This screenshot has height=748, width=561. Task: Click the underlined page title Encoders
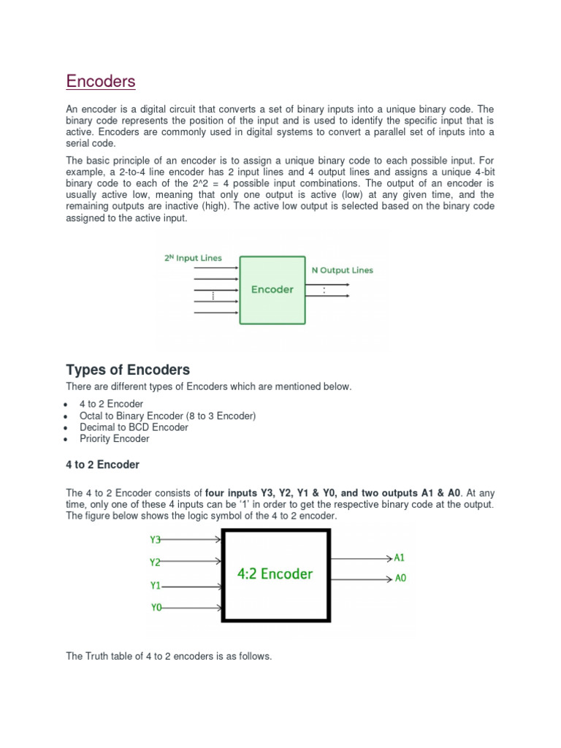pyautogui.click(x=101, y=81)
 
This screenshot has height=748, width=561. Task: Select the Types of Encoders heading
pyautogui.click(x=128, y=370)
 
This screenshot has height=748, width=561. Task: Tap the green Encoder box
pyautogui.click(x=272, y=289)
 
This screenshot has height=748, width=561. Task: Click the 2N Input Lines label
pyautogui.click(x=192, y=258)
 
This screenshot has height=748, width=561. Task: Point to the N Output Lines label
pyautogui.click(x=342, y=270)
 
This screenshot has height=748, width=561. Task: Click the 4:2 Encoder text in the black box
pyautogui.click(x=275, y=573)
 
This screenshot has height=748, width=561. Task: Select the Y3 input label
pyautogui.click(x=156, y=540)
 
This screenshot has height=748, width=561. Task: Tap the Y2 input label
pyautogui.click(x=156, y=562)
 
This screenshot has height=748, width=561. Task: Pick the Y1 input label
pyautogui.click(x=156, y=585)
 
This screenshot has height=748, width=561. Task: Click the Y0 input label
pyautogui.click(x=156, y=607)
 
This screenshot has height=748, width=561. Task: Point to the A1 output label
pyautogui.click(x=400, y=557)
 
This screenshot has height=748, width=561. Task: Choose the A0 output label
pyautogui.click(x=400, y=579)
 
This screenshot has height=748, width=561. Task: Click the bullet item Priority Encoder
pyautogui.click(x=114, y=439)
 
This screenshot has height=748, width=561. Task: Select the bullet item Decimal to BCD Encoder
pyautogui.click(x=134, y=427)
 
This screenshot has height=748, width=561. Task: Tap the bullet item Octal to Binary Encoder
pyautogui.click(x=167, y=416)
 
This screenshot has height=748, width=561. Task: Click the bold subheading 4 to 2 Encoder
pyautogui.click(x=102, y=465)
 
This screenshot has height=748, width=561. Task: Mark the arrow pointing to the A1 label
pyautogui.click(x=362, y=558)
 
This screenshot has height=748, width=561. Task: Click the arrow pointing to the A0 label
pyautogui.click(x=362, y=579)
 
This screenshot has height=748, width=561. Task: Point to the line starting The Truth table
pyautogui.click(x=169, y=657)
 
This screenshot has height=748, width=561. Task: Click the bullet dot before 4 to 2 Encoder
pyautogui.click(x=67, y=405)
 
